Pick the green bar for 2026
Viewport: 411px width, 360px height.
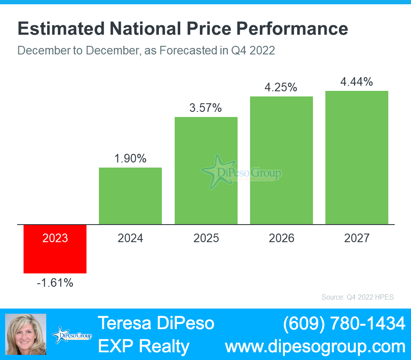281,160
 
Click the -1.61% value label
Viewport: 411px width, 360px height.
55,283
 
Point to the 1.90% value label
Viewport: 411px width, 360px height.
130,159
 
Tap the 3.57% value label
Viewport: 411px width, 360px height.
205,108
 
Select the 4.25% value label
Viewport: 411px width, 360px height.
281,87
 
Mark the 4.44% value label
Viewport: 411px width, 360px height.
357,81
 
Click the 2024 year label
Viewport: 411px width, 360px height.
130,238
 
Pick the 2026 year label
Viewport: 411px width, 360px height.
281,238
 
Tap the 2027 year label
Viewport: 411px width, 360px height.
357,238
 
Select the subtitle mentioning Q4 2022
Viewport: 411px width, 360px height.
146,50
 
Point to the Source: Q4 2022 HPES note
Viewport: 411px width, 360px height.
357,297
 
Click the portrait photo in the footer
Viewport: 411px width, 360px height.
25,334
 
